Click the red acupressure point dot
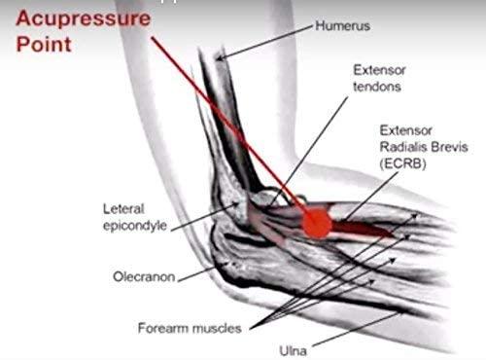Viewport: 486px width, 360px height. [315, 224]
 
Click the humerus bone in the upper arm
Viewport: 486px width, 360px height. [213, 117]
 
